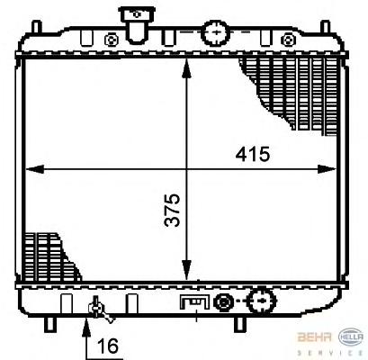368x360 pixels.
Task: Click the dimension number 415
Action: (x=253, y=154)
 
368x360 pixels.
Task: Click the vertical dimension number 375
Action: (x=172, y=210)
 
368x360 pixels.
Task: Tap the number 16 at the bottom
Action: (x=108, y=346)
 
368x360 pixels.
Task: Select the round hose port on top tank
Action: (x=216, y=32)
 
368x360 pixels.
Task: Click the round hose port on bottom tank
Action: (x=261, y=301)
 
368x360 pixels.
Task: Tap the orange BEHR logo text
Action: (x=314, y=337)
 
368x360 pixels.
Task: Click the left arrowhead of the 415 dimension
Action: (x=35, y=169)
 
